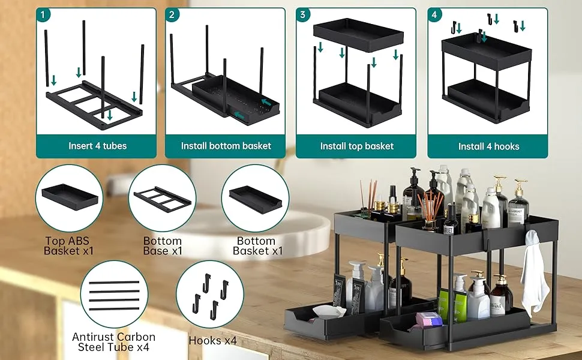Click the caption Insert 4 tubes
97,146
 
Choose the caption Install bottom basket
226,146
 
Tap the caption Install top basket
357,146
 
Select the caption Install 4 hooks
488,146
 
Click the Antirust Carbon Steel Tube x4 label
113,342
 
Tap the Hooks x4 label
212,341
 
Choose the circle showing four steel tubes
113,295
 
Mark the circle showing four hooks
209,295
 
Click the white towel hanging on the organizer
533,273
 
